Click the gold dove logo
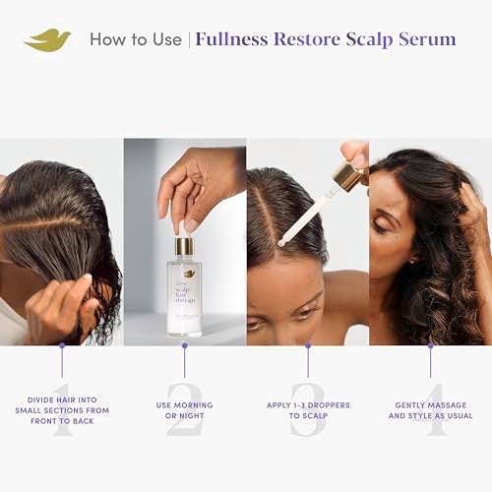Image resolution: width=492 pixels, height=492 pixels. pos(48,40)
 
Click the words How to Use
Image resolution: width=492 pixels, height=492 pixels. pos(135,40)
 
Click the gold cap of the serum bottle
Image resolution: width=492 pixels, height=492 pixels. pos(184,246)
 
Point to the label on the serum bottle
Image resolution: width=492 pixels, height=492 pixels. pos(184,295)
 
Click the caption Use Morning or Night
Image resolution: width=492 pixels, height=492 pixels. pos(184,410)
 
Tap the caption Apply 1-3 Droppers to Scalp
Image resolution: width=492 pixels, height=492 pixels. pos(307,410)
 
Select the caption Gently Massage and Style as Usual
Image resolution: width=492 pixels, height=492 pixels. pos(430,410)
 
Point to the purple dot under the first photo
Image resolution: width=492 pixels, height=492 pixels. pos(61,345)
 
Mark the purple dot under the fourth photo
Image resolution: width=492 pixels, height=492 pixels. pos(430,345)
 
